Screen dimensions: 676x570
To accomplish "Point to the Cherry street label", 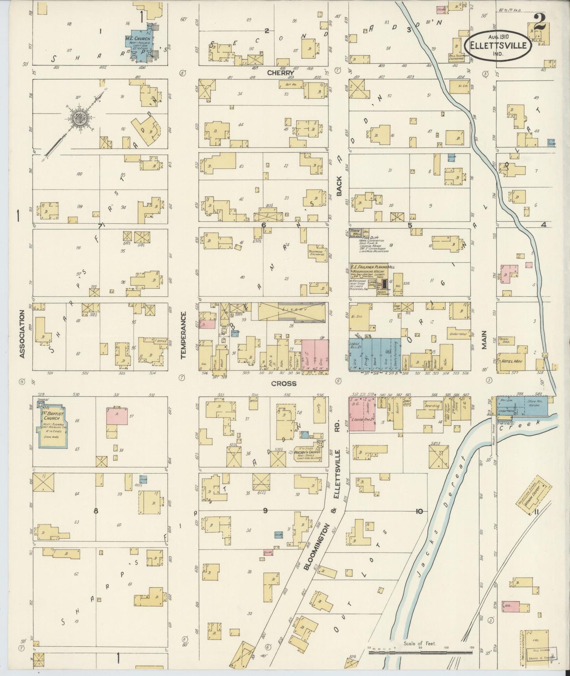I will point(280,73).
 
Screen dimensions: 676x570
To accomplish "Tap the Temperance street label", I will point(183,335).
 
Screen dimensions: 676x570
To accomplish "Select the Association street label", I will point(22,334).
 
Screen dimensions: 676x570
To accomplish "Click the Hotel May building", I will point(512,360).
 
